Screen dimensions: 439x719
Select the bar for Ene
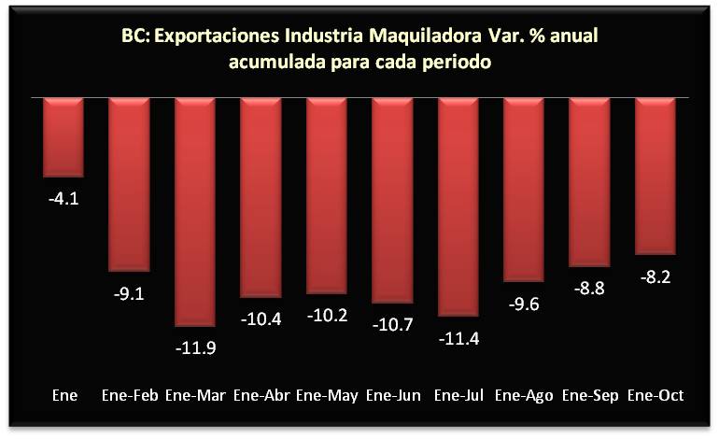click(64, 136)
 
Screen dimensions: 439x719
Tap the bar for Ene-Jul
click(458, 206)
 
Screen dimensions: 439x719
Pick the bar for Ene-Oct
click(656, 176)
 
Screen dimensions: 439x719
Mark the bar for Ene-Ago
click(524, 189)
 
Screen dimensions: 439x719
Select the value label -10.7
click(393, 326)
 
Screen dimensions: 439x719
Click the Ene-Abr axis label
click(261, 395)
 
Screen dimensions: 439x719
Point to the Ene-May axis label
click(327, 395)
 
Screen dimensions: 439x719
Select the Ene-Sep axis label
click(591, 395)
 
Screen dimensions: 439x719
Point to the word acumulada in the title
click(277, 63)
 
